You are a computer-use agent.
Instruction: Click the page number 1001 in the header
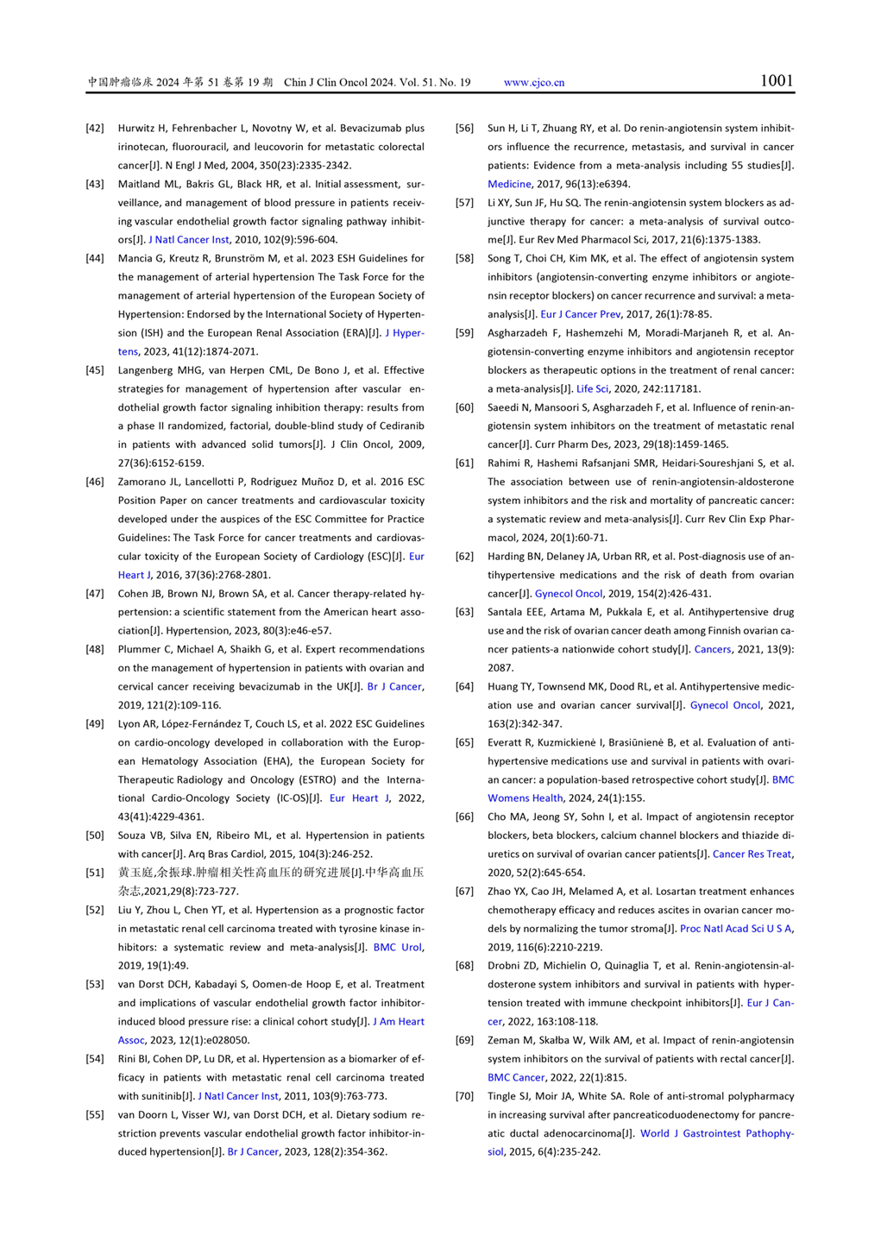coord(776,81)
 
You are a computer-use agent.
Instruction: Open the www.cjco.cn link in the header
coord(534,83)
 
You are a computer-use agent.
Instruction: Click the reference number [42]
coord(95,128)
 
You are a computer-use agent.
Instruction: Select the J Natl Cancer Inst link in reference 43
coord(189,240)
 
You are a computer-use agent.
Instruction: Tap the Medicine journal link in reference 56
coord(509,184)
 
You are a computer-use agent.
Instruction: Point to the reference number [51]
coord(95,873)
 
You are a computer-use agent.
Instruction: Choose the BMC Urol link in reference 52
coord(398,948)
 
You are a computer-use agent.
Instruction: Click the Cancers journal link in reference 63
coord(713,650)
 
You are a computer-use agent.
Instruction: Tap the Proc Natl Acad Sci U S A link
coord(736,929)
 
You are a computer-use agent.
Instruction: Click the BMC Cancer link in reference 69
coord(516,1078)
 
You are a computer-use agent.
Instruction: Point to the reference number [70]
coord(465,1096)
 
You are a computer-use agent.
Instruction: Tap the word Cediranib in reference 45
coord(400,426)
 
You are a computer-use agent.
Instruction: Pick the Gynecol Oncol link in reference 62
coord(569,594)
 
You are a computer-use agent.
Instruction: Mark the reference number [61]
coord(465,463)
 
